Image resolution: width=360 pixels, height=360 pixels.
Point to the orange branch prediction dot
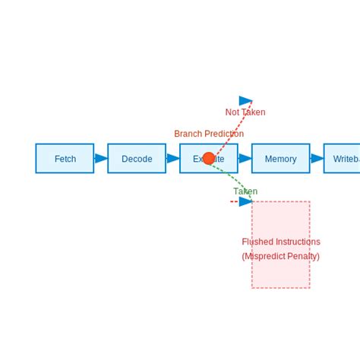click(209, 158)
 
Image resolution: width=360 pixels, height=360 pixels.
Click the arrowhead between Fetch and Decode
click(101, 158)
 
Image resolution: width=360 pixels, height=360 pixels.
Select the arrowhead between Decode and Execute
click(173, 158)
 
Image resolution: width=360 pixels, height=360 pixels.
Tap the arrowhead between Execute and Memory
click(245, 158)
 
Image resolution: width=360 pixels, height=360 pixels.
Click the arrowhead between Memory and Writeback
click(317, 158)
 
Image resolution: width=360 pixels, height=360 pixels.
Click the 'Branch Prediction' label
click(209, 134)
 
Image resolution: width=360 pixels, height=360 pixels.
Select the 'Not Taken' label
click(245, 112)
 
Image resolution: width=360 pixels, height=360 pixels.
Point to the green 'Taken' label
click(245, 191)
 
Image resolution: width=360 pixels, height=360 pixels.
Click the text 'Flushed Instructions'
click(281, 242)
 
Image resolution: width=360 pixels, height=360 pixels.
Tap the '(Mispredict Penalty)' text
click(281, 256)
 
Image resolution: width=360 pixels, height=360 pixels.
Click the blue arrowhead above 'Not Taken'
click(245, 100)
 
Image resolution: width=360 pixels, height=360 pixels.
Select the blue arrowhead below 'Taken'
click(245, 201)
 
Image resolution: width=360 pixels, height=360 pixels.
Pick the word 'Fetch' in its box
click(65, 159)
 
